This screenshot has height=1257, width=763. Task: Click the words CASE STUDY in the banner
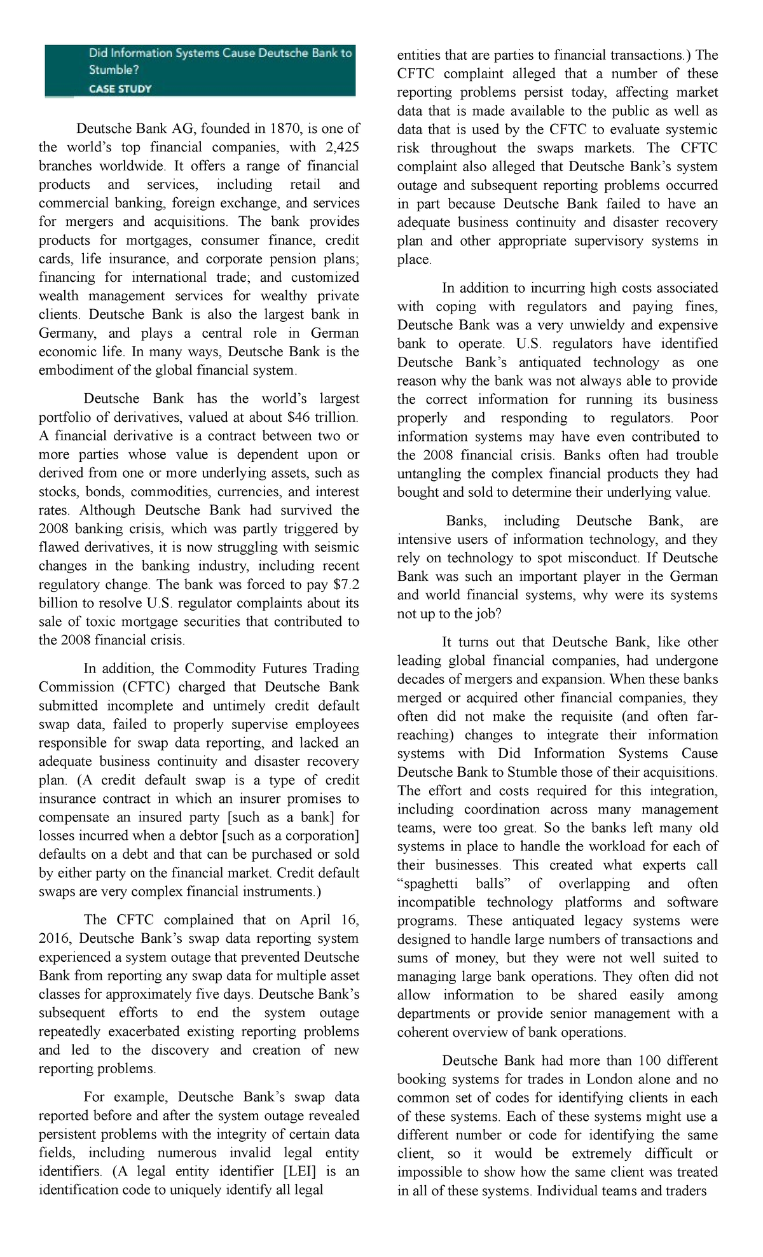[x=120, y=88]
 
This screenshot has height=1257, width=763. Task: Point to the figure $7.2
[x=346, y=584]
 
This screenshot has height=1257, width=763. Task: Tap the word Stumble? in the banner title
[x=113, y=69]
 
